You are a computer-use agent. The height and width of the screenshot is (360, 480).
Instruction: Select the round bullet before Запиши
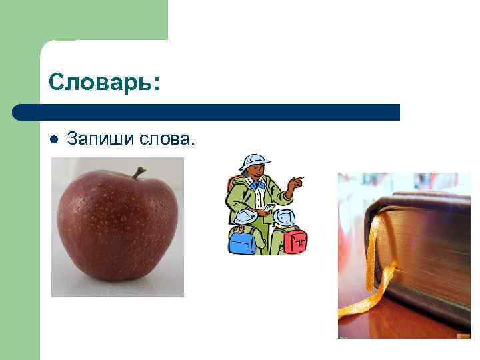[x=54, y=139]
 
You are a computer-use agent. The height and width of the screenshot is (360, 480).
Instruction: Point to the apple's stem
[x=138, y=173]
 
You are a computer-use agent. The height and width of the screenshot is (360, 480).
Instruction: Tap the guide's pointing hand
[x=297, y=181]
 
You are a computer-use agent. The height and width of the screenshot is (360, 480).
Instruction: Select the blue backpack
[x=242, y=241]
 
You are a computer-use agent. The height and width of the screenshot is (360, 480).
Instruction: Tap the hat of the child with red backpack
[x=285, y=216]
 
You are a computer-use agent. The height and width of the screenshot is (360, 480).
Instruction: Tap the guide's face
[x=256, y=172]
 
